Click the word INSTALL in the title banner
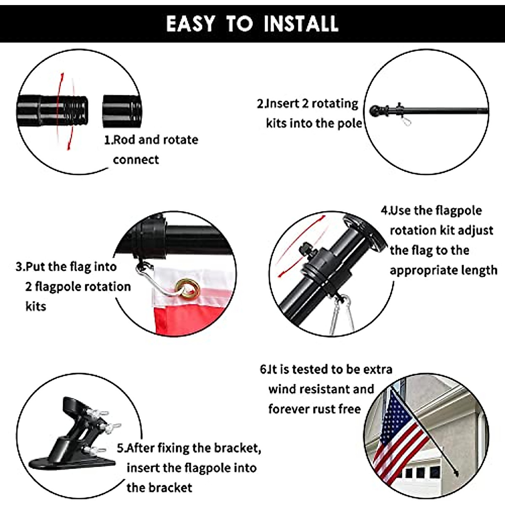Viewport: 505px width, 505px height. (x=301, y=24)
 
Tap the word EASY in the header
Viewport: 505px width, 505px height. (x=190, y=24)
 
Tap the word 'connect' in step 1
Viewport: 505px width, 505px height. (x=136, y=160)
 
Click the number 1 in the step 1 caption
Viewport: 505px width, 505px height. (x=107, y=140)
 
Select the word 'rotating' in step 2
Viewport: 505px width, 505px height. (x=335, y=104)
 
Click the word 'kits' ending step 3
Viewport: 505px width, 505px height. (x=36, y=306)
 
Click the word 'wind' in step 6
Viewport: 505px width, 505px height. (x=282, y=389)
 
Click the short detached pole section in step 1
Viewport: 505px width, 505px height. (x=122, y=112)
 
